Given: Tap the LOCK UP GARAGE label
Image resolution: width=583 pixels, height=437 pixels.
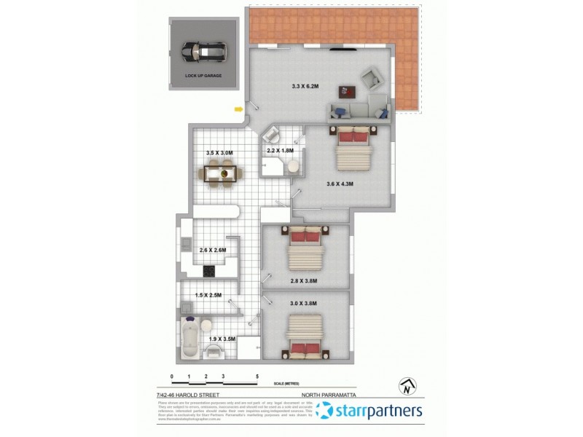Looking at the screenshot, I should pos(203,75).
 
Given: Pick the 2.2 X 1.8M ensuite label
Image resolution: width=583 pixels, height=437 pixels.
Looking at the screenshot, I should pos(280,150).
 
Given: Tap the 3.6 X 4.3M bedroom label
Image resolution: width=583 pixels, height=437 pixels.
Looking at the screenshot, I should pos(340,184).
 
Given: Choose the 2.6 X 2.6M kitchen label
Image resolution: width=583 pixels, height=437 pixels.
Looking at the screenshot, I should pos(214,251).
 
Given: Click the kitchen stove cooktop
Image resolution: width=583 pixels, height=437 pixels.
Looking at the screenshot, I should pos(209,271).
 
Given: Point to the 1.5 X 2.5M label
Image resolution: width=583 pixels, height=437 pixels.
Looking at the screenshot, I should pos(208,295).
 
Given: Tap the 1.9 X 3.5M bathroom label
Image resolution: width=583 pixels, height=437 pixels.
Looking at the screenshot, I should pos(222,339).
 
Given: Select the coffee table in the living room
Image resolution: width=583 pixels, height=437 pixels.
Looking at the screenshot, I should pos(346,92).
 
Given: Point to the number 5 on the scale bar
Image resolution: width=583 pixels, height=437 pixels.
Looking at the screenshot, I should pos(257,377).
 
